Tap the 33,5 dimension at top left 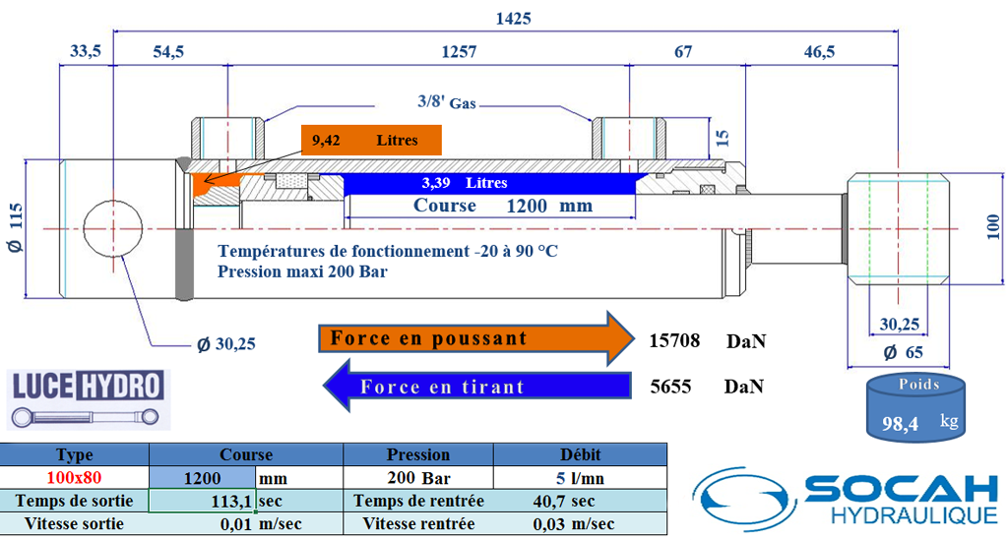pos(87,52)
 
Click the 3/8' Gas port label pos(446,101)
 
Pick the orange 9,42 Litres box pos(370,141)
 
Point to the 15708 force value pos(674,341)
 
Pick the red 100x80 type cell pos(75,479)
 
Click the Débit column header pos(580,455)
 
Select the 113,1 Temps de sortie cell pos(202,501)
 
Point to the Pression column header pos(418,455)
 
